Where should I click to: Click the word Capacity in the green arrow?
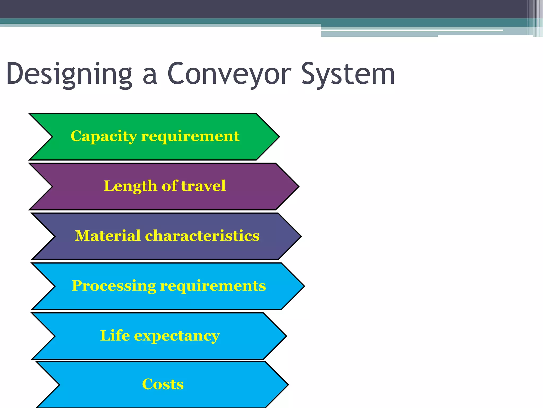104,136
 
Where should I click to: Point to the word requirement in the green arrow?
190,136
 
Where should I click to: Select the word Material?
108,236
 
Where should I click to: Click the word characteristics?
202,236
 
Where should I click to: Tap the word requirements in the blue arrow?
213,286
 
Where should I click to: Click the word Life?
115,335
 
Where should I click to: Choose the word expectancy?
177,336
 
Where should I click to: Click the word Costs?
163,384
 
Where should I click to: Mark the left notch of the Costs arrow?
59,384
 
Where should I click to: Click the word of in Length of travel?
169,186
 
